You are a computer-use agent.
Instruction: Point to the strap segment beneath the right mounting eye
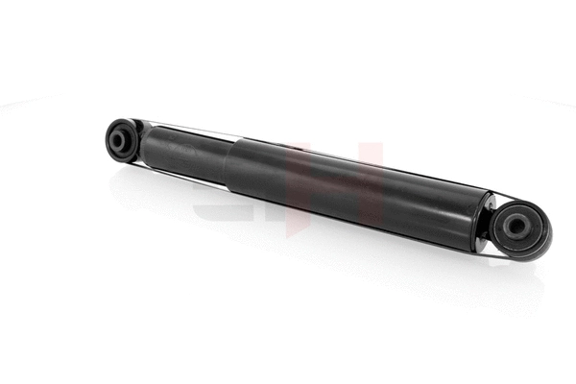[518, 257]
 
